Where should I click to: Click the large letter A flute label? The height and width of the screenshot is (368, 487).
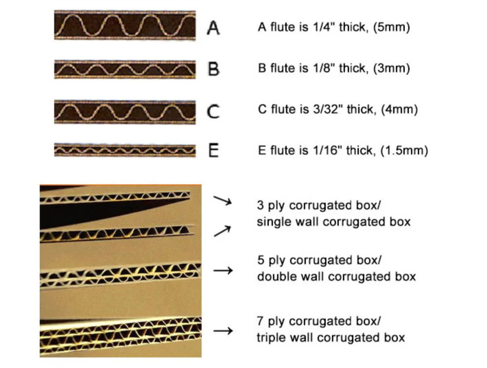pyautogui.click(x=213, y=28)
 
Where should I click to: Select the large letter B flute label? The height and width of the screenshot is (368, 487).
pyautogui.click(x=213, y=69)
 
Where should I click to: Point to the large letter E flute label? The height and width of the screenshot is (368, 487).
pyautogui.click(x=213, y=151)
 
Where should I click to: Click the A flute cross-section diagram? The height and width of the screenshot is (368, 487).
pyautogui.click(x=125, y=25)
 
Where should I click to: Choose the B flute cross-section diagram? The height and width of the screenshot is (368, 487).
pyautogui.click(x=125, y=69)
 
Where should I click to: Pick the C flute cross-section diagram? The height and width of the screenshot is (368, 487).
pyautogui.click(x=125, y=112)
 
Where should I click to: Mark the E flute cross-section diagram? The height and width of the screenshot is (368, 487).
pyautogui.click(x=125, y=150)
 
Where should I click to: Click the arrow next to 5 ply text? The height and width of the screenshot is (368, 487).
pyautogui.click(x=223, y=271)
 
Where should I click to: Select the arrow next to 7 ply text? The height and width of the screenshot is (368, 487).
pyautogui.click(x=223, y=330)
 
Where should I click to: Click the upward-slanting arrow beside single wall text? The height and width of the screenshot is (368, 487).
pyautogui.click(x=222, y=231)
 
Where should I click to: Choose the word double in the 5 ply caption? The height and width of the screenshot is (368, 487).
pyautogui.click(x=274, y=276)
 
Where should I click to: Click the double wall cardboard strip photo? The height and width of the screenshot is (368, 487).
pyautogui.click(x=121, y=275)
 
